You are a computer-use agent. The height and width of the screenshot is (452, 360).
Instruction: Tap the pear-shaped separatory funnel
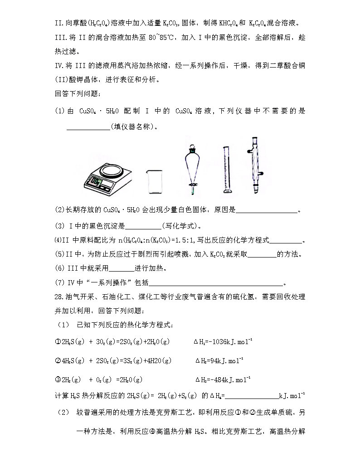(x=192, y=165)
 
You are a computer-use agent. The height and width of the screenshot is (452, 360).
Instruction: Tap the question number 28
(x=59, y=297)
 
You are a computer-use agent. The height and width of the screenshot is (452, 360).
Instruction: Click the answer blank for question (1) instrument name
(x=88, y=127)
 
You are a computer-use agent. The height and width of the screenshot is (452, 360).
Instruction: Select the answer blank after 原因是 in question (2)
(x=267, y=210)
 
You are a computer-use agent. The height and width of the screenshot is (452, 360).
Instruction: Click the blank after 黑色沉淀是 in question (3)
(x=142, y=225)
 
